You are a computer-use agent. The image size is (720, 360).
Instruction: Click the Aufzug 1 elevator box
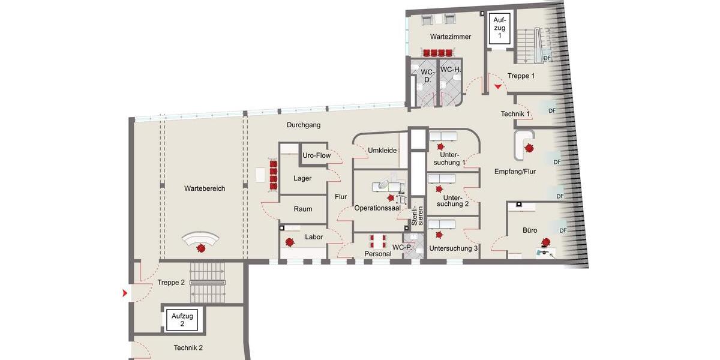499,28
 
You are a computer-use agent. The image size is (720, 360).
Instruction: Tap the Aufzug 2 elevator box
182,320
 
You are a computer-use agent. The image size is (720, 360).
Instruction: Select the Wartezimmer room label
451,37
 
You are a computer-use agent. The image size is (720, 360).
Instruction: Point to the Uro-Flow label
317,155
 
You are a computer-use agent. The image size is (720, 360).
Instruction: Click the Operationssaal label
377,208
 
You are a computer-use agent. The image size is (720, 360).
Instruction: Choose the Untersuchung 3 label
454,248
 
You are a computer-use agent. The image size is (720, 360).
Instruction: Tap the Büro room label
530,230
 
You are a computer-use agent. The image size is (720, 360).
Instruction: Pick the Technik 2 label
188,348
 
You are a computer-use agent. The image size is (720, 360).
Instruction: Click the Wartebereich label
205,188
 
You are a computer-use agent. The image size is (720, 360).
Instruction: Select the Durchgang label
304,125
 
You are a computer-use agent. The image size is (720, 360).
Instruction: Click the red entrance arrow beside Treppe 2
124,293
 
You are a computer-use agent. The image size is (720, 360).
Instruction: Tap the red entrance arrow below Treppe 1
498,88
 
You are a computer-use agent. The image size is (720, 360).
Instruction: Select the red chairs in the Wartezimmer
437,53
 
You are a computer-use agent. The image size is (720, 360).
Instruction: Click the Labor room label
314,237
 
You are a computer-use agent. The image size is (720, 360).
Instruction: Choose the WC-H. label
450,70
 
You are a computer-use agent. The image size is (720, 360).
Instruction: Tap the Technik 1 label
515,114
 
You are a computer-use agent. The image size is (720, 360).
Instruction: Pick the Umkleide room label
382,150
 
